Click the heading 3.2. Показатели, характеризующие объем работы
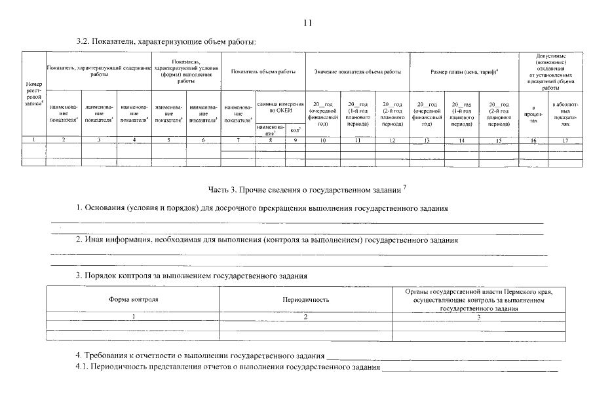click(166, 41)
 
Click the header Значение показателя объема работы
click(357, 71)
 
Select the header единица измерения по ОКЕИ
click(280, 108)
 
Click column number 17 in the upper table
click(565, 140)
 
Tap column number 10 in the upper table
click(322, 140)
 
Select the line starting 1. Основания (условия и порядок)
click(262, 208)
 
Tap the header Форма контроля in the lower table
click(133, 299)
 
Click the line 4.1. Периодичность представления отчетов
click(228, 368)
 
